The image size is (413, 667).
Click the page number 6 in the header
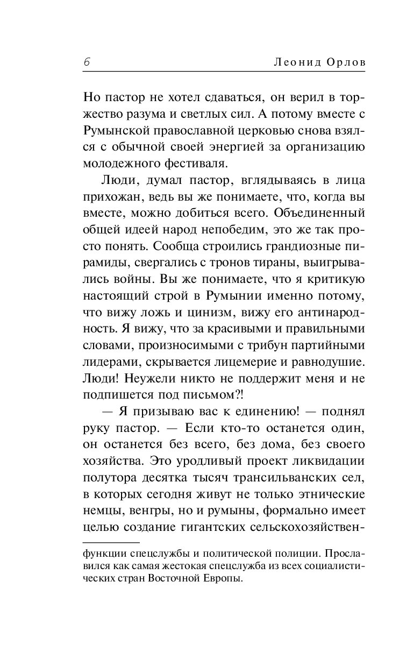pos(87,62)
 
